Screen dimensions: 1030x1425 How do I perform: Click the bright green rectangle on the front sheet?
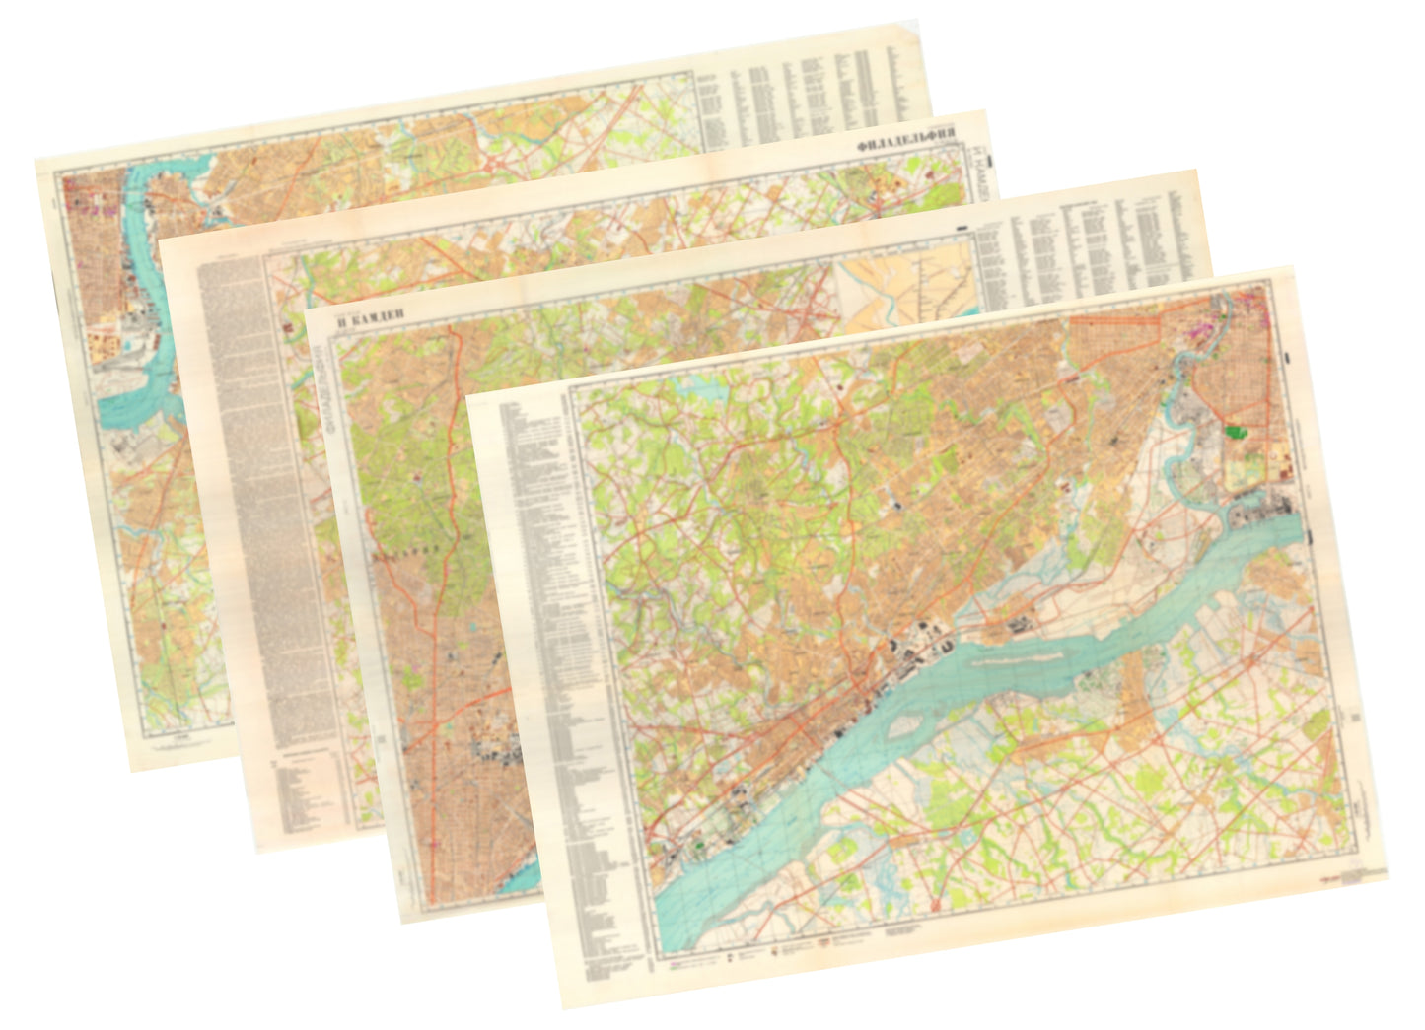[1235, 431]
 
